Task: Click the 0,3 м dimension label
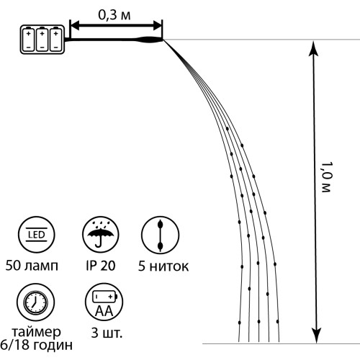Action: tap(114, 15)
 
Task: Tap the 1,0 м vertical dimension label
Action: tap(327, 177)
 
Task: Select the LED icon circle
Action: tap(36, 235)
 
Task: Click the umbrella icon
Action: tap(101, 235)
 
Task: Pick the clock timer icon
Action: tap(36, 302)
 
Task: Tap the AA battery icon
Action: tap(104, 302)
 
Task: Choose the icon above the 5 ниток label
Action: tap(160, 235)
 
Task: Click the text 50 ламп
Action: tap(32, 266)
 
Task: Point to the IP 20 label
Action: tap(101, 266)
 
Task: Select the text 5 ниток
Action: tap(163, 266)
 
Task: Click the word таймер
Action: tap(36, 332)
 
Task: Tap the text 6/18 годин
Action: tap(36, 345)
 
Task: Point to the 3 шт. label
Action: tap(107, 333)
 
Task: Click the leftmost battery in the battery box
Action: tap(28, 40)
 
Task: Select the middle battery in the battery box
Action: tap(42, 40)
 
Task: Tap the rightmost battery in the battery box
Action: tap(55, 40)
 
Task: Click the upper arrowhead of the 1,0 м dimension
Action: tap(313, 49)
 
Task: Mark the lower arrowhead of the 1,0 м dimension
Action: tap(316, 336)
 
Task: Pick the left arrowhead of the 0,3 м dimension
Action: tap(75, 25)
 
